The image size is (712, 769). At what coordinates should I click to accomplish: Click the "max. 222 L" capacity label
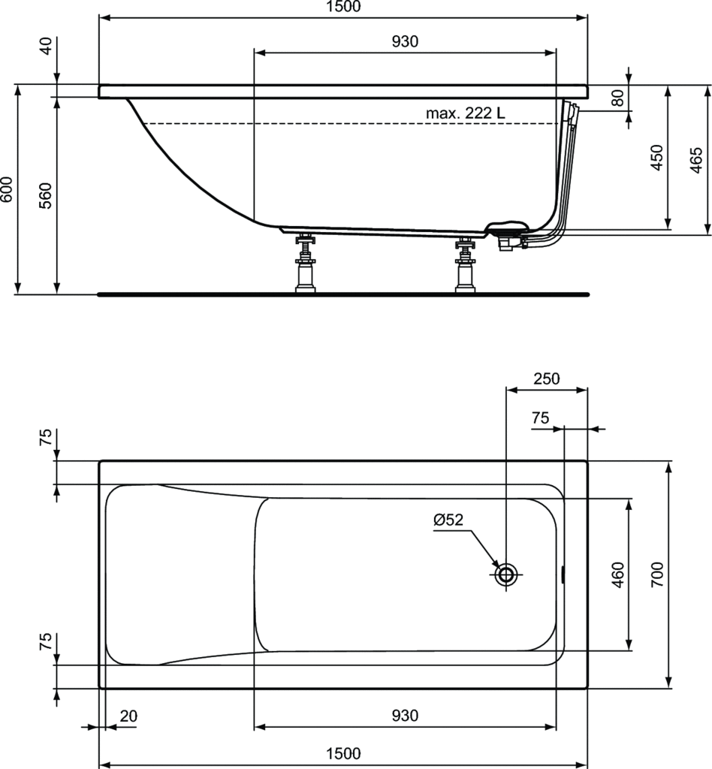[465, 113]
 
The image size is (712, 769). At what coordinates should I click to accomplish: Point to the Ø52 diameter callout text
[448, 520]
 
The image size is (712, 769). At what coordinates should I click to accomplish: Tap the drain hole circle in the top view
[505, 574]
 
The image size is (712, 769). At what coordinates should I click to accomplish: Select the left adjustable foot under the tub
[305, 264]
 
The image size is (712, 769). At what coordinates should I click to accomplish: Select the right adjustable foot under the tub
[465, 265]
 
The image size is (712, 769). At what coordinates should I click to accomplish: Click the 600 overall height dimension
[7, 189]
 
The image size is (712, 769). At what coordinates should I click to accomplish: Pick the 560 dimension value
[46, 196]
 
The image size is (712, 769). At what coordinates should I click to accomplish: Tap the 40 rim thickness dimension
[46, 46]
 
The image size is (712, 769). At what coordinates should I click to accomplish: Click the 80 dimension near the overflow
[618, 98]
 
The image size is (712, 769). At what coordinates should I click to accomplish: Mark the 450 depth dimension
[657, 158]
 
